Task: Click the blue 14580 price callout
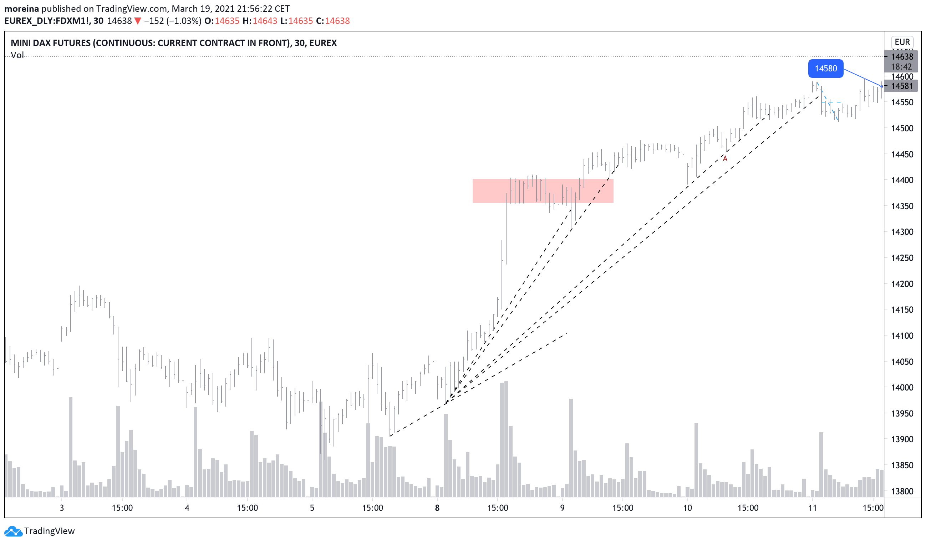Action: tap(825, 69)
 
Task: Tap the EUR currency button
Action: tap(902, 42)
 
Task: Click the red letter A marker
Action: tap(725, 159)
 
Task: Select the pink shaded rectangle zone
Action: tap(543, 191)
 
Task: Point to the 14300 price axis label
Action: tap(902, 232)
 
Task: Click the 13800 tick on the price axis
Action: tap(902, 492)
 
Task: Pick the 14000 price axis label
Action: tap(902, 388)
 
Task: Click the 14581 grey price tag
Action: tap(902, 86)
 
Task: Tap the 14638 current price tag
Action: tap(902, 57)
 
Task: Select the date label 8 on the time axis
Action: tap(437, 508)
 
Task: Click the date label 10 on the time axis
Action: tap(687, 508)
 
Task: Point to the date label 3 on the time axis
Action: tap(62, 508)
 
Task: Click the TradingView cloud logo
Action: tap(13, 531)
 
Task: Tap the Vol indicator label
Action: tap(17, 55)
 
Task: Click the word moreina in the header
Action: tap(21, 9)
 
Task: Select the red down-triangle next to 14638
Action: tap(138, 21)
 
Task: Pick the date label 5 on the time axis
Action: tap(312, 508)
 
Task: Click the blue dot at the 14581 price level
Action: tap(881, 86)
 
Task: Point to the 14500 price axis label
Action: tap(902, 129)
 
